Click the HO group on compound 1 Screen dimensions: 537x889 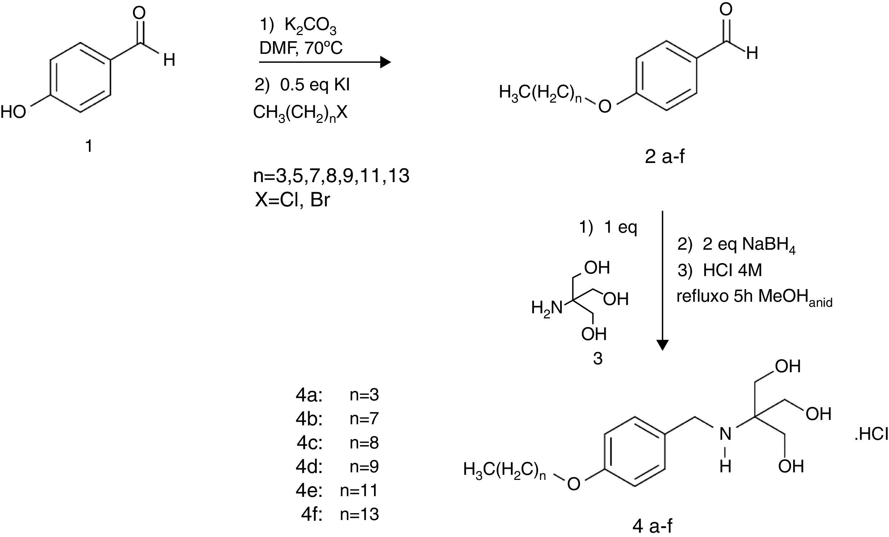14,112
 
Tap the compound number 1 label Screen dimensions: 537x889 89,146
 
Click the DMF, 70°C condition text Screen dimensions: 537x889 301,48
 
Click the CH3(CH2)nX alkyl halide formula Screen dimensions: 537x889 300,113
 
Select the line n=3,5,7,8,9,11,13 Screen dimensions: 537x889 331,176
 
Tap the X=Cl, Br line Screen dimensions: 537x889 292,200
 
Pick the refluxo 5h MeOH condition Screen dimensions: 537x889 754,297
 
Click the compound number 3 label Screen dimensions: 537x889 598,359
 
